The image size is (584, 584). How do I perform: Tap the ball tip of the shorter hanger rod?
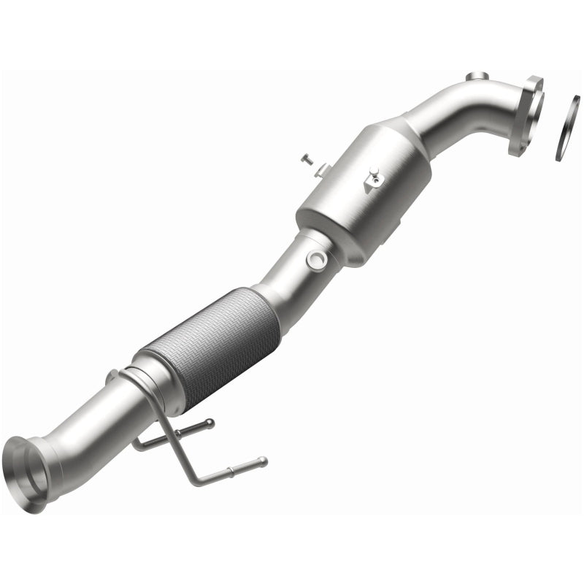pyautogui.click(x=210, y=421)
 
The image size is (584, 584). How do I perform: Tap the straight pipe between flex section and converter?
pyautogui.click(x=281, y=281)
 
